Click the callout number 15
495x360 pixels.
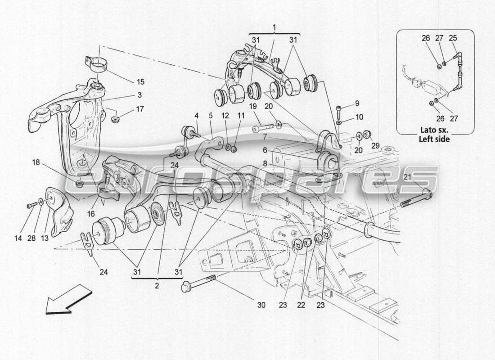(x=141, y=82)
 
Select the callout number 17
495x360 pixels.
(x=140, y=108)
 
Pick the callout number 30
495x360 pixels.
(x=261, y=305)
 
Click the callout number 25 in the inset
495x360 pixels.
(x=453, y=38)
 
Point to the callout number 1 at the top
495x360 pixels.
(x=274, y=27)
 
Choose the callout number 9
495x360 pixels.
(x=357, y=103)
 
